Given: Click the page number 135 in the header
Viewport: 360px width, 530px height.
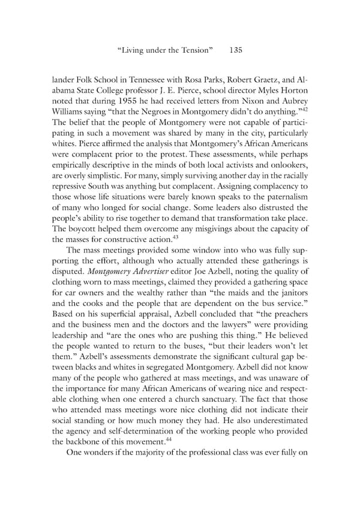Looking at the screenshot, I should point(235,51).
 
